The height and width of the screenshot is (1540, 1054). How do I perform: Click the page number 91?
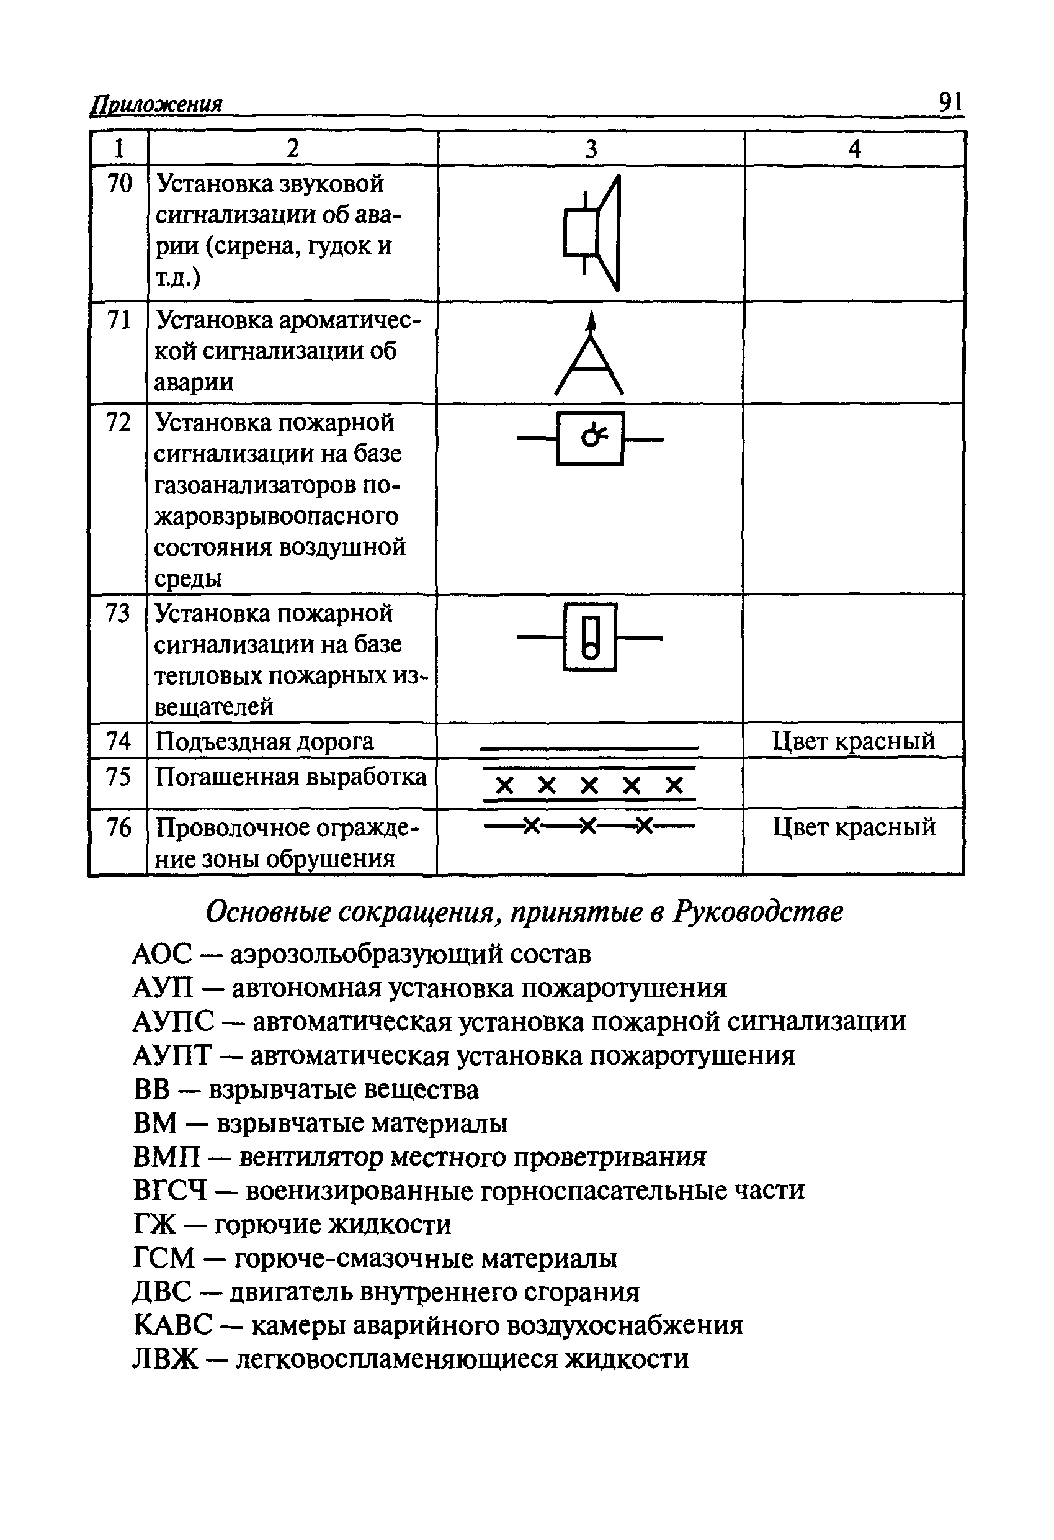[950, 102]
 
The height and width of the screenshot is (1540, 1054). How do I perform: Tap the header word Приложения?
[156, 105]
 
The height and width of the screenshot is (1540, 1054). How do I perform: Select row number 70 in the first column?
[120, 184]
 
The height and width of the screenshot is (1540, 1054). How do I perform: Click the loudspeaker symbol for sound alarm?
[592, 233]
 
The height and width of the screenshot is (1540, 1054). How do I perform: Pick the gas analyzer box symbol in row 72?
[590, 438]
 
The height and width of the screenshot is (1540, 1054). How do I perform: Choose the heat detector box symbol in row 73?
[589, 637]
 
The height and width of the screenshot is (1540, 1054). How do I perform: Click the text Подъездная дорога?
[264, 741]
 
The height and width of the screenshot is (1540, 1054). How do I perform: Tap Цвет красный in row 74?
[853, 740]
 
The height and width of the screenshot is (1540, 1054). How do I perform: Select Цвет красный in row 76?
[853, 827]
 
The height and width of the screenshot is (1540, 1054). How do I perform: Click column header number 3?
[591, 149]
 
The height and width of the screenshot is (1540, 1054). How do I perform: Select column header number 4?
[855, 149]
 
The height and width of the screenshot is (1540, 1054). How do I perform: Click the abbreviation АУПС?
[174, 1022]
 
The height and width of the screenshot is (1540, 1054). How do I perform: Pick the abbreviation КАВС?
[173, 1325]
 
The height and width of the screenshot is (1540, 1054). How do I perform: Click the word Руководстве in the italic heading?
[758, 912]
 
